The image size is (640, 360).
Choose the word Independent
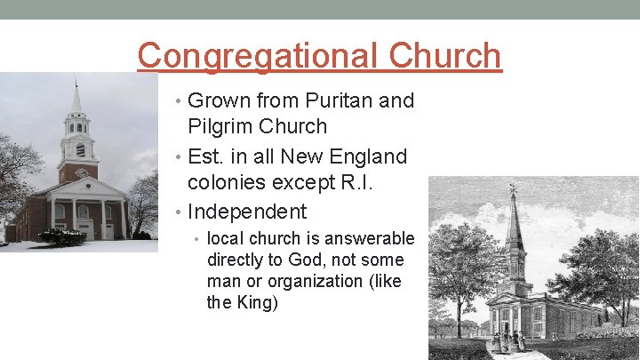(x=247, y=212)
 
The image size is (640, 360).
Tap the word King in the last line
(x=257, y=302)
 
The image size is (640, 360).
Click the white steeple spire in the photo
(x=76, y=98)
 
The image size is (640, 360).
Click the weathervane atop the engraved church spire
(x=512, y=189)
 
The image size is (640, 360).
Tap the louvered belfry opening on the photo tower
(x=79, y=150)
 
